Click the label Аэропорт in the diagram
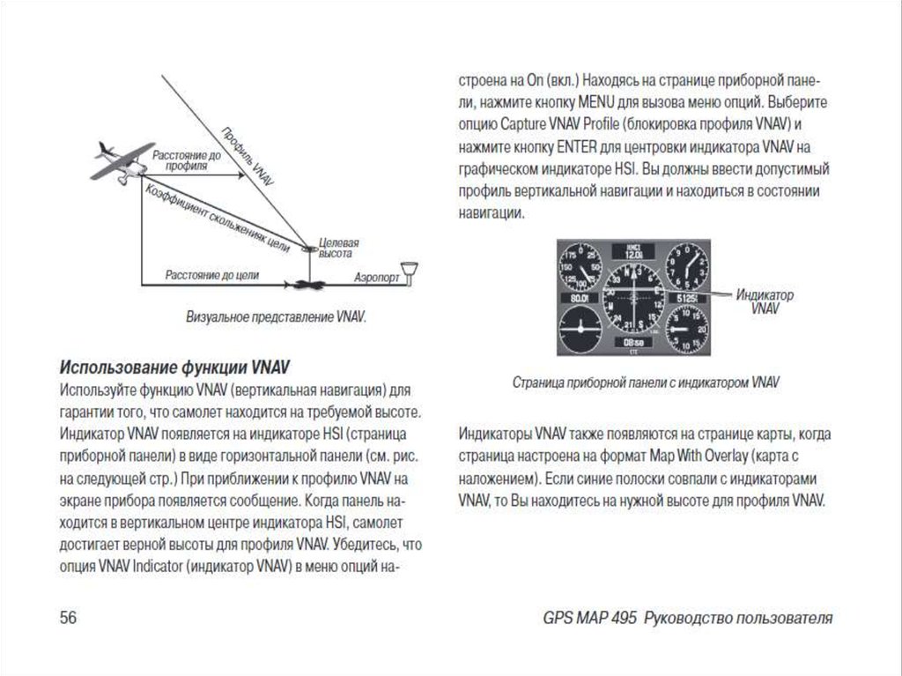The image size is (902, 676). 376,277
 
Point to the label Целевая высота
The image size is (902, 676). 338,247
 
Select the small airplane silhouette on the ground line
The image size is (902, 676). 307,284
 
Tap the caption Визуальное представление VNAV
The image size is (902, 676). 275,315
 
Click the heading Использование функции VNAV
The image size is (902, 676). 174,366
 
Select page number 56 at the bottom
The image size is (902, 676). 69,617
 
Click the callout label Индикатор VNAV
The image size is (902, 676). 764,301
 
